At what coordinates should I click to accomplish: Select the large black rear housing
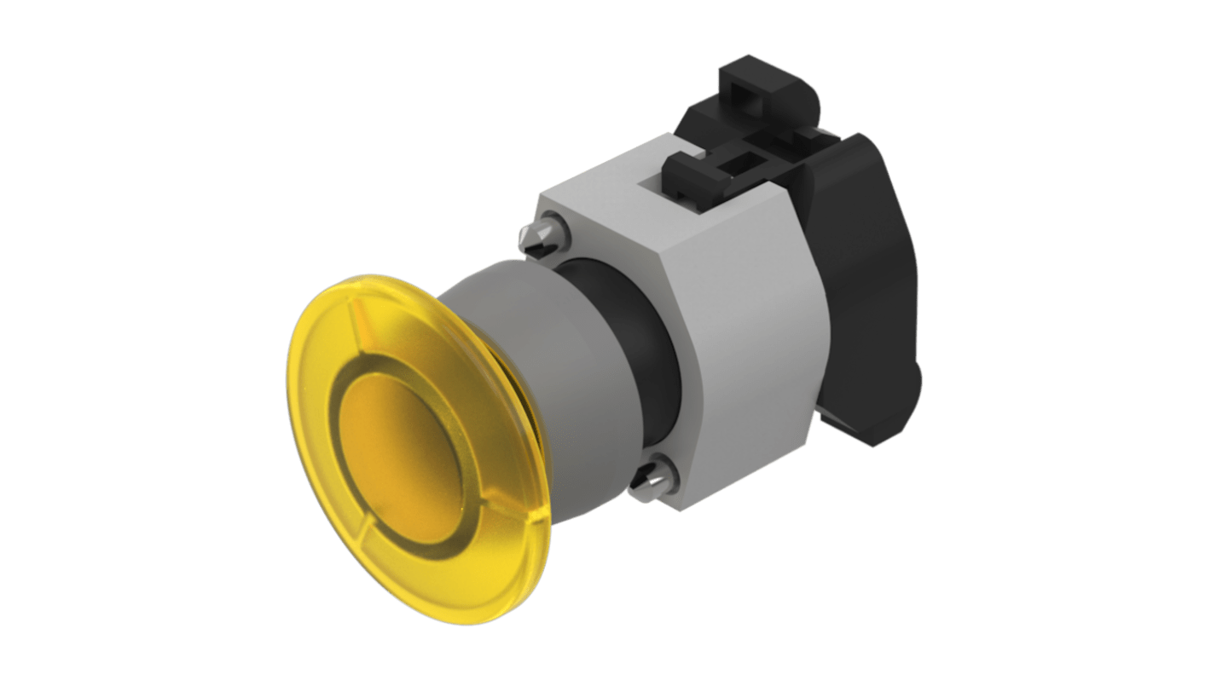click(861, 281)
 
